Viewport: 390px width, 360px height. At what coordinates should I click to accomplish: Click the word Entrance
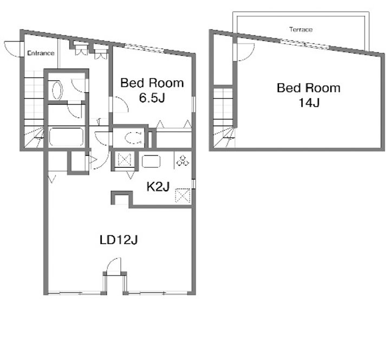click(x=41, y=53)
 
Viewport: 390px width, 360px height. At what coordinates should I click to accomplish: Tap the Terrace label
click(x=301, y=30)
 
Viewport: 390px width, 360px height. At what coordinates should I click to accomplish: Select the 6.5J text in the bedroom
click(x=152, y=98)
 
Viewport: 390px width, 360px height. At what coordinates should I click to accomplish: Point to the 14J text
click(x=309, y=103)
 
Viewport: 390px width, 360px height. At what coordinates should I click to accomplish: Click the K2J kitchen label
click(x=158, y=186)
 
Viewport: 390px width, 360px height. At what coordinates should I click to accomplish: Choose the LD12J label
click(x=119, y=240)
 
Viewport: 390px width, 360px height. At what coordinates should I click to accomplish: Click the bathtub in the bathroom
click(x=66, y=137)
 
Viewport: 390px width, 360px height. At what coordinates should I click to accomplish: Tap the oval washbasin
click(x=57, y=90)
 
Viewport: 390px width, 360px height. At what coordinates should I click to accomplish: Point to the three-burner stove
click(x=183, y=160)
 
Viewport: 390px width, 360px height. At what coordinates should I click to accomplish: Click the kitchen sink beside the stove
click(x=151, y=161)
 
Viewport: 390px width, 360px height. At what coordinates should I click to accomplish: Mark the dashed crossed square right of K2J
click(x=183, y=196)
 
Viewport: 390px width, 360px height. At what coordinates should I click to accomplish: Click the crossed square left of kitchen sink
click(x=125, y=160)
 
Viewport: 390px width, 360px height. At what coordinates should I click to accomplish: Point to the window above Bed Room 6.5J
click(x=144, y=48)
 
